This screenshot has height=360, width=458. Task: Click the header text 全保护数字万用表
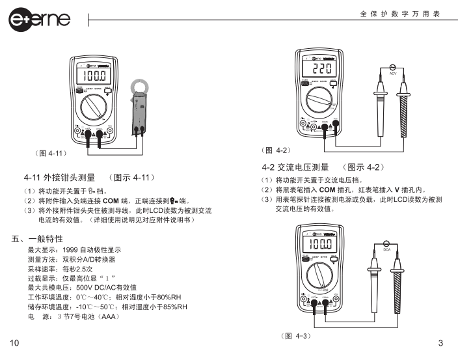click(x=401, y=14)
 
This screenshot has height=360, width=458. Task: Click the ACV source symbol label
click(x=393, y=74)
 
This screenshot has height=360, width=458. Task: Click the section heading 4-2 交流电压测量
click(x=295, y=167)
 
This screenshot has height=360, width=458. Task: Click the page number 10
click(x=15, y=343)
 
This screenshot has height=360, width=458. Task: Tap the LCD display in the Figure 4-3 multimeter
click(x=320, y=245)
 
